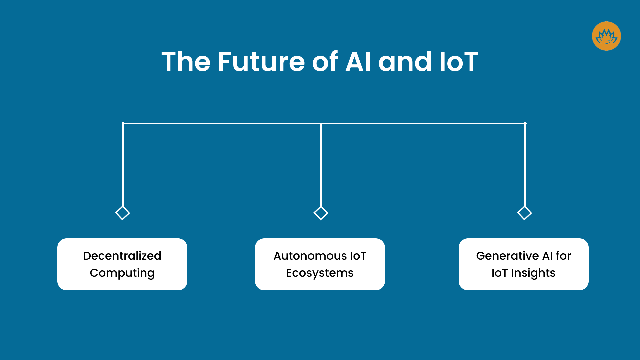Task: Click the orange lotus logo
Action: [606, 36]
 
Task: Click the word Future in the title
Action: [261, 62]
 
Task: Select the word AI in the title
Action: [358, 62]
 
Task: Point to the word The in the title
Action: [186, 62]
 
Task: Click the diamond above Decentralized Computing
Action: [122, 213]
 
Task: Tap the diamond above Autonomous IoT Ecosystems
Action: [321, 213]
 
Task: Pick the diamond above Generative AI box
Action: [524, 213]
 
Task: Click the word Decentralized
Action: [122, 256]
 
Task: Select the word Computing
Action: [122, 273]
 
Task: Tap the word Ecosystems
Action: [320, 273]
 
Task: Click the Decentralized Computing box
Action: [122, 283]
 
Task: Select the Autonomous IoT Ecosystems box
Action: [320, 283]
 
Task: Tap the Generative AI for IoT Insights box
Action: [523, 283]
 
